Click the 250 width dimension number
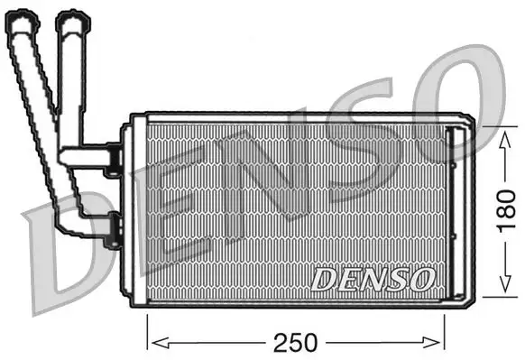(x=295, y=342)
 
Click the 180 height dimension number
(x=508, y=210)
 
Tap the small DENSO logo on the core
(x=373, y=279)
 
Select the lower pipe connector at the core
(x=112, y=231)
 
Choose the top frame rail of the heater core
(x=298, y=118)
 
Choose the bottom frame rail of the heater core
(x=298, y=300)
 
